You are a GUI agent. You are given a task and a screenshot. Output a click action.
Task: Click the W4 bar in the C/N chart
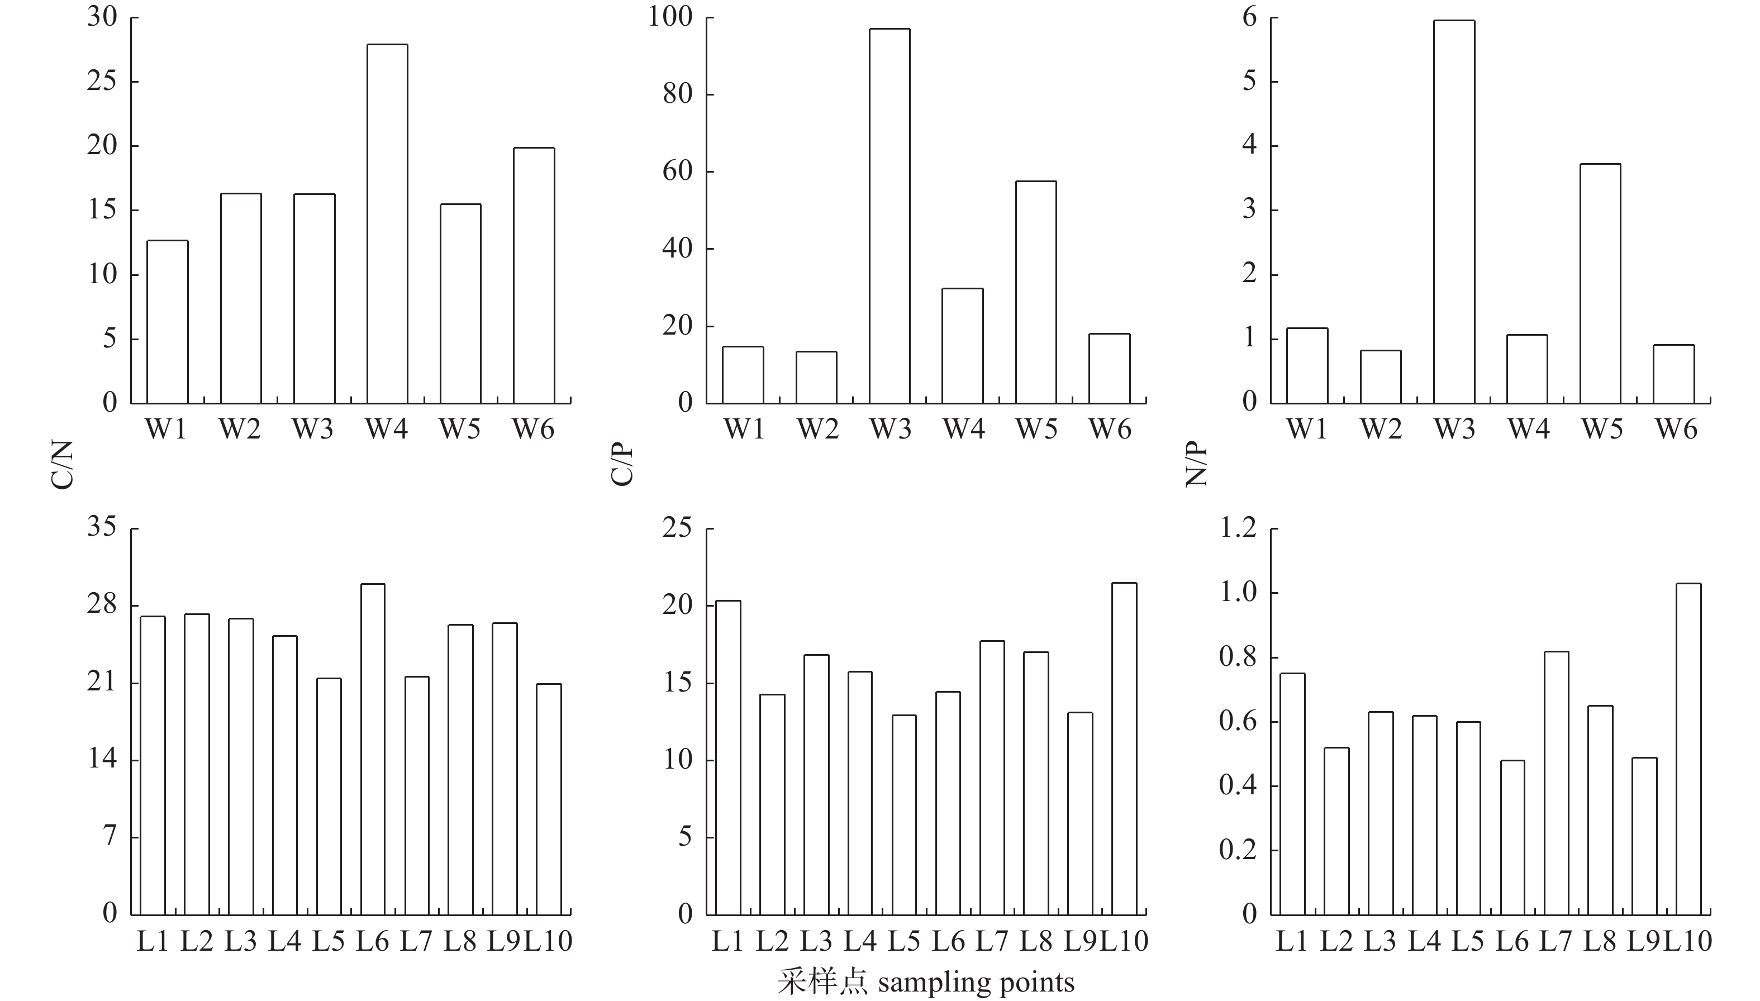pyautogui.click(x=387, y=223)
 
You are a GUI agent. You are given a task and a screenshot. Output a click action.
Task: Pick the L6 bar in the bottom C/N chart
pyautogui.click(x=373, y=750)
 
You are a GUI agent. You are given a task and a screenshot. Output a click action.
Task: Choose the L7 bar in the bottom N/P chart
pyautogui.click(x=1557, y=783)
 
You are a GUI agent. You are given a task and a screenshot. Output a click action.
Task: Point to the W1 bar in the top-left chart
pyautogui.click(x=167, y=322)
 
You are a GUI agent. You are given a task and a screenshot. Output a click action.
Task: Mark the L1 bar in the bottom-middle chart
pyautogui.click(x=728, y=757)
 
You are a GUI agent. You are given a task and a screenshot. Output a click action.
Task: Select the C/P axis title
pyautogui.click(x=622, y=465)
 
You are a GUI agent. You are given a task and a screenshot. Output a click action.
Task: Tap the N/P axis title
pyautogui.click(x=1197, y=465)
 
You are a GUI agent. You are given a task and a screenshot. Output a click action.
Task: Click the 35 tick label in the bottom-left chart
pyautogui.click(x=102, y=527)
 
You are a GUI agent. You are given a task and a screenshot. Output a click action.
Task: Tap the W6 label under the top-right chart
pyautogui.click(x=1676, y=430)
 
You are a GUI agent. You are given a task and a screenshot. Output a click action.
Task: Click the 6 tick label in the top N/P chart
pyautogui.click(x=1250, y=17)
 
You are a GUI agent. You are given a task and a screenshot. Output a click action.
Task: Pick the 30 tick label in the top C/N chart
pyautogui.click(x=102, y=17)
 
